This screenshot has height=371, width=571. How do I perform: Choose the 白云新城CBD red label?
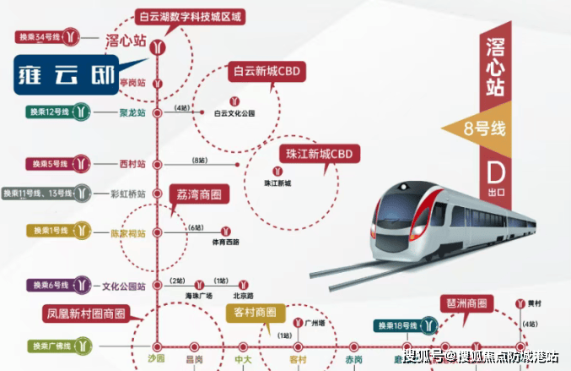266,72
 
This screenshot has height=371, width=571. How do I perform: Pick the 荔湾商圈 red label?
201,194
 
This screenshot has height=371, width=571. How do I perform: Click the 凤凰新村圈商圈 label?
84,314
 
